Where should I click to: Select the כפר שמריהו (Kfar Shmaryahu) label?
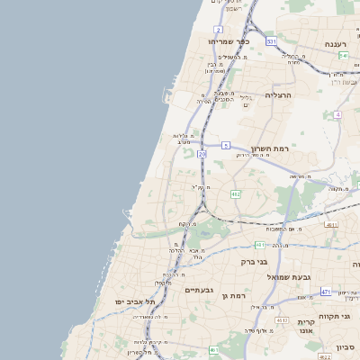(229, 41)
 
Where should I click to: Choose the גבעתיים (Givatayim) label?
(198, 290)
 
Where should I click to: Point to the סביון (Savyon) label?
(346, 346)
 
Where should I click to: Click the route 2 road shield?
(219, 30)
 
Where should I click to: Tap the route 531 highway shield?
(271, 41)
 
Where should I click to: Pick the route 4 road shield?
(337, 114)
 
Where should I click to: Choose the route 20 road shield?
(202, 155)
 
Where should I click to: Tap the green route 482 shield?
(235, 193)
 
